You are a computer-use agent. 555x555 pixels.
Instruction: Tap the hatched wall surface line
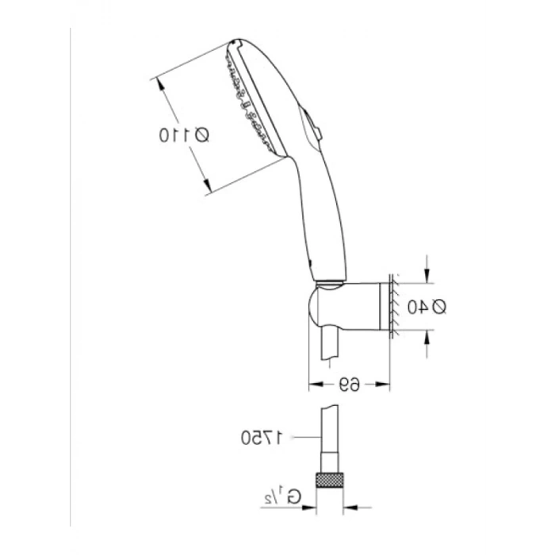coord(390,306)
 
